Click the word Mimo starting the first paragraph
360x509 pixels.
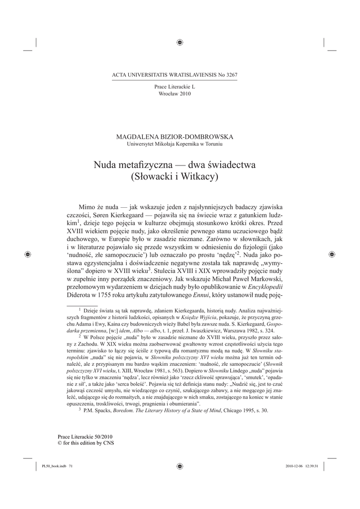88,206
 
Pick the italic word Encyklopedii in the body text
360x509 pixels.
266,287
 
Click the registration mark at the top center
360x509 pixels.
180,43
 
